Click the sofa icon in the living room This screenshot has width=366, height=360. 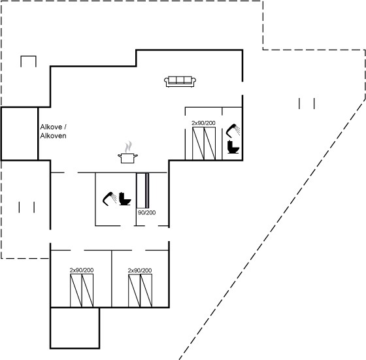point(180,82)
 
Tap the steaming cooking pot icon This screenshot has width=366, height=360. point(127,152)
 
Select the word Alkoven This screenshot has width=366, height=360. point(53,136)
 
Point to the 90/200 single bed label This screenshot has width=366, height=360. point(146,212)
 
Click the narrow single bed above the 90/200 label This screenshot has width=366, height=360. point(142,190)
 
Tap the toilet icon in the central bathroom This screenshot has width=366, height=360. point(125,199)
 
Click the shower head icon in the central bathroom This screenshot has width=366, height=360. point(110,199)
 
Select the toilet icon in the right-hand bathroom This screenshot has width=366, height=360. point(233,147)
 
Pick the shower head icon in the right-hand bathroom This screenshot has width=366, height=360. point(233,131)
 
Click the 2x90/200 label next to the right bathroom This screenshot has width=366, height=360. point(203,123)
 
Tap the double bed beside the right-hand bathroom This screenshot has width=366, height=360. point(204,144)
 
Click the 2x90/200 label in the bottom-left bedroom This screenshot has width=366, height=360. point(82,270)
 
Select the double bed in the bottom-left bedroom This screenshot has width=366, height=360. point(82,291)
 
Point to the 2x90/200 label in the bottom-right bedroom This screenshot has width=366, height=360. point(140,270)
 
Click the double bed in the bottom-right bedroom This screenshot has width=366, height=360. point(140,291)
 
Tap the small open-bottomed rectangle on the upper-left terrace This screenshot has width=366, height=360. point(29,56)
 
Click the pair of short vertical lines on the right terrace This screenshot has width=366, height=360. point(307,104)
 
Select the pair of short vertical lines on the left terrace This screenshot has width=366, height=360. point(27,207)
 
